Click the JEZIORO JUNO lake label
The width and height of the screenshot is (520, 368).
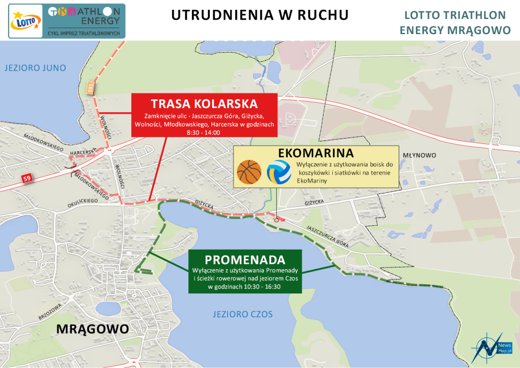35,68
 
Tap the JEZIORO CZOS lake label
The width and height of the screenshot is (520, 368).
242,314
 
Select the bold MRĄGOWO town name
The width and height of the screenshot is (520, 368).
92,329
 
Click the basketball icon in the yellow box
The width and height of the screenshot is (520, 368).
250,172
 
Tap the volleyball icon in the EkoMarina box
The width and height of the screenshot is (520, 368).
279,172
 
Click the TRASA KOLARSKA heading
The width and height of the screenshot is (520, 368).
204,104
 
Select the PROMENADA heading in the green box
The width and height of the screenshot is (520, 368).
244,259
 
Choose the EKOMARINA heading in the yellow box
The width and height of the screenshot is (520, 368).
315,154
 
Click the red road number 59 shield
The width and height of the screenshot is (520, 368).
27,177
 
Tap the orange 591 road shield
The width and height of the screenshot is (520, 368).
90,88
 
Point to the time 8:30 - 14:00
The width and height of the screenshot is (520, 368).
204,132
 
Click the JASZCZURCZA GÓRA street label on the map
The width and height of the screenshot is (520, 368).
328,236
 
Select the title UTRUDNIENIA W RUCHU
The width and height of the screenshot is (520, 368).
260,15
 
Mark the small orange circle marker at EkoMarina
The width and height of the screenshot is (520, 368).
277,220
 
